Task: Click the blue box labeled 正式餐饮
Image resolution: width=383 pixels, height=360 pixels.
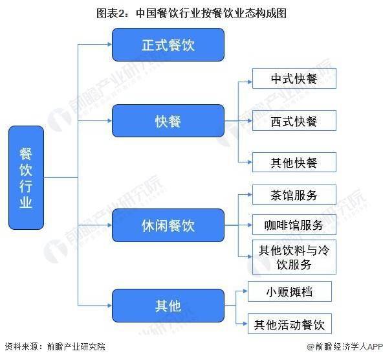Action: pyautogui.click(x=168, y=45)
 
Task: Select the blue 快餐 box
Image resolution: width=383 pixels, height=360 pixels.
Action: pyautogui.click(x=168, y=120)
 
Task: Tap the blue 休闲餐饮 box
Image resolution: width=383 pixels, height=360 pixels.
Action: pyautogui.click(x=168, y=225)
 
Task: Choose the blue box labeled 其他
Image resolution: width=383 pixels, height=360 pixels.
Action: pyautogui.click(x=168, y=306)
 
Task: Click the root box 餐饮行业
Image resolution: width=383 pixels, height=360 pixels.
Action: pyautogui.click(x=26, y=177)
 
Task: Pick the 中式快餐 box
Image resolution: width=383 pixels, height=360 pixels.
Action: pyautogui.click(x=294, y=78)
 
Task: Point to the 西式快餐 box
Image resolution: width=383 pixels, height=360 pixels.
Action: pyautogui.click(x=294, y=120)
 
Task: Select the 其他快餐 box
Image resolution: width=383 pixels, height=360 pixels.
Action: pyautogui.click(x=294, y=163)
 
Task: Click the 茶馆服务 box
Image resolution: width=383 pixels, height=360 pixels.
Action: pyautogui.click(x=294, y=195)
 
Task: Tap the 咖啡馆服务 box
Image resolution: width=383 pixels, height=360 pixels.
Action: pyautogui.click(x=294, y=225)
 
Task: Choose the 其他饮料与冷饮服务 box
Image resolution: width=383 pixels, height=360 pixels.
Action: pyautogui.click(x=294, y=257)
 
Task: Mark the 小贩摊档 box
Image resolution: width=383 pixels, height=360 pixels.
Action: pyautogui.click(x=290, y=291)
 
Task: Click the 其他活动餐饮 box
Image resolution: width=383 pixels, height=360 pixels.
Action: pyautogui.click(x=290, y=324)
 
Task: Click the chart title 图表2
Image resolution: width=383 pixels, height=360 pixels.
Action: pyautogui.click(x=191, y=13)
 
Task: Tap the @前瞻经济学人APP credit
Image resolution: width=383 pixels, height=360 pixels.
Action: pyautogui.click(x=345, y=346)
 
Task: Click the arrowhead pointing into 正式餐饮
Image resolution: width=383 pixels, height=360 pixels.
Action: pyautogui.click(x=109, y=45)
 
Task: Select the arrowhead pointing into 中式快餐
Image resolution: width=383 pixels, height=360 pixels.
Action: pyautogui.click(x=250, y=82)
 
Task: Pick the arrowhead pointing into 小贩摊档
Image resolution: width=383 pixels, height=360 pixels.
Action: pyautogui.click(x=245, y=291)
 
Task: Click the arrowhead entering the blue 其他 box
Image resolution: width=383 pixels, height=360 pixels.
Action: pyautogui.click(x=109, y=306)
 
